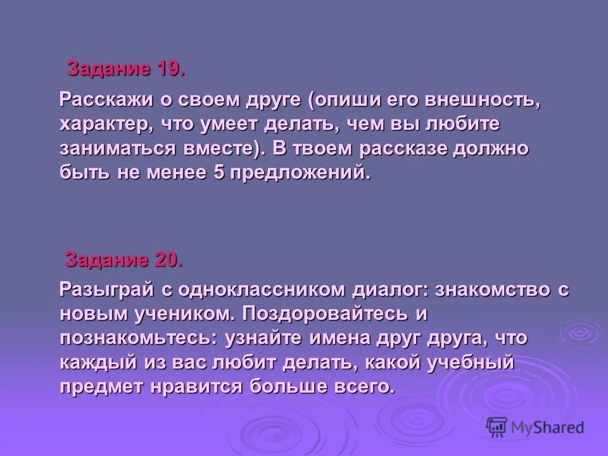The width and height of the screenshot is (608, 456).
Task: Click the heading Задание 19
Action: coord(126,68)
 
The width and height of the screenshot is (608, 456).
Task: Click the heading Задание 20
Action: coord(124,259)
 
